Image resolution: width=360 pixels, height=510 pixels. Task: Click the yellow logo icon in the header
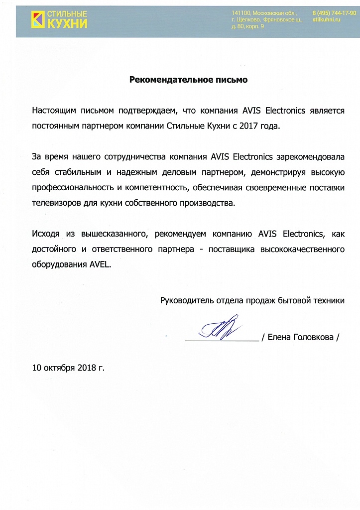pos(37,18)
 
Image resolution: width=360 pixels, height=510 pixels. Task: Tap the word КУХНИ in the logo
pos(67,23)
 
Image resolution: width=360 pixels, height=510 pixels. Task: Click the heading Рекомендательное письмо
pos(189,79)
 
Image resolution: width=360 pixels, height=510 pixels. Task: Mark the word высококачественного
pos(303,249)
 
